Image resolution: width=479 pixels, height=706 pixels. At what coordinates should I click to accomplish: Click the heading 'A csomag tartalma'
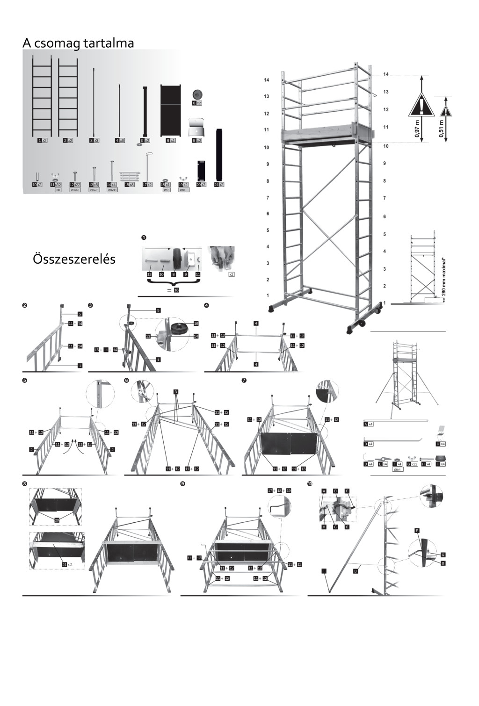point(78,43)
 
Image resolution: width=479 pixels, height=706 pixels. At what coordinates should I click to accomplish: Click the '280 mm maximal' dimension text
point(443,276)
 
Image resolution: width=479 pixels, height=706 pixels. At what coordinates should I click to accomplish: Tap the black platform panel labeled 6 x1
point(171,110)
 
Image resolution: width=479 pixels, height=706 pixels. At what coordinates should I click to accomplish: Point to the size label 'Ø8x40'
point(75,190)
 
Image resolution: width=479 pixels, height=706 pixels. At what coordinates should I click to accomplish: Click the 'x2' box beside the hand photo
point(231,274)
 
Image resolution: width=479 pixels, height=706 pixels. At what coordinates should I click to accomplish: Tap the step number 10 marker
point(310,483)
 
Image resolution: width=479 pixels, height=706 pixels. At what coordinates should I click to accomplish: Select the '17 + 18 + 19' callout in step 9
point(279,490)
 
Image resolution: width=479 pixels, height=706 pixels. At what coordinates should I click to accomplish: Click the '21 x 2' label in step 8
point(68,564)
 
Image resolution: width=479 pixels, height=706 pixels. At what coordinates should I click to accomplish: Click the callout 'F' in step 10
point(416,531)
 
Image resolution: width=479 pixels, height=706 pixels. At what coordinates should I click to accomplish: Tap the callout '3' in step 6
point(175,391)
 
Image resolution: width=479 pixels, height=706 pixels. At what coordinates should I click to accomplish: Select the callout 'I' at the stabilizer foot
point(324,571)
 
